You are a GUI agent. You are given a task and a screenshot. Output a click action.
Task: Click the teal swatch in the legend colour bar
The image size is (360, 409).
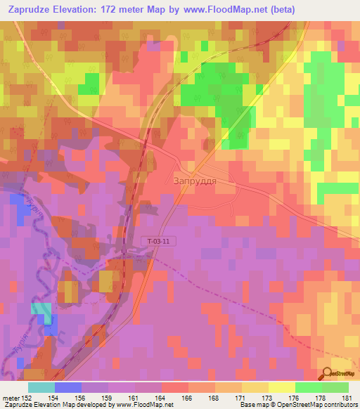41,387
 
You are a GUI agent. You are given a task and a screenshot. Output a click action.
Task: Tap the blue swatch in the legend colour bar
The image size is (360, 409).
68,387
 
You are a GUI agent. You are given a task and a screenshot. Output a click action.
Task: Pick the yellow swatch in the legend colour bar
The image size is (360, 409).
255,387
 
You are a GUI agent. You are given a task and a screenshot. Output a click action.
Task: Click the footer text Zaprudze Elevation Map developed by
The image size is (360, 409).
53,405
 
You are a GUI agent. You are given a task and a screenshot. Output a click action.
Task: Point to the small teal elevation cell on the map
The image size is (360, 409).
41,310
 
